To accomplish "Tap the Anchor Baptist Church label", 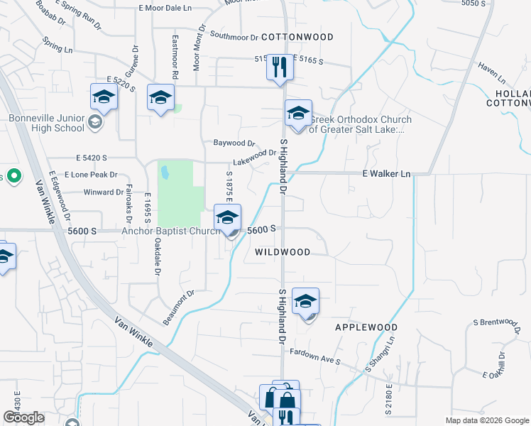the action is click(167, 231).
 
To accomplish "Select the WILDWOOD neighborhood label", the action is click(282, 252).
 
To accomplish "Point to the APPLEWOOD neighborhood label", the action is click(366, 327).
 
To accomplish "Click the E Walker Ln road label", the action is click(386, 173).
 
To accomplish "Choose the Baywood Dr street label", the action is click(234, 143).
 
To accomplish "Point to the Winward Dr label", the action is click(103, 192).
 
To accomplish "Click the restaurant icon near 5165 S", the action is click(280, 67).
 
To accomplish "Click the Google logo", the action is click(23, 417).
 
